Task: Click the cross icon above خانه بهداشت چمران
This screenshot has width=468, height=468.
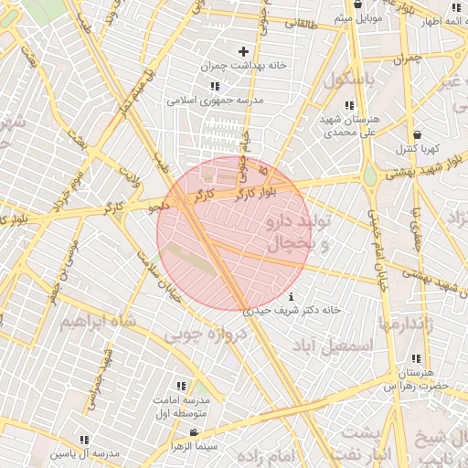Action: point(243,51)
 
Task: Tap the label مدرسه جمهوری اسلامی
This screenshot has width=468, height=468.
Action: point(214,100)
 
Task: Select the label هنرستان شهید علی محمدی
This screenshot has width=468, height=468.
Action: point(348,126)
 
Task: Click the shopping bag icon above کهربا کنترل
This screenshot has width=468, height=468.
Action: point(417,133)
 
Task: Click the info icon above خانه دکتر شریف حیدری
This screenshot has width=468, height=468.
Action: point(291,296)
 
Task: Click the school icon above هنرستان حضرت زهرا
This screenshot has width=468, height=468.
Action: point(417,359)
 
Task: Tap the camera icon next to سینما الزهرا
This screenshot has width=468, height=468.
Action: point(193,432)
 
